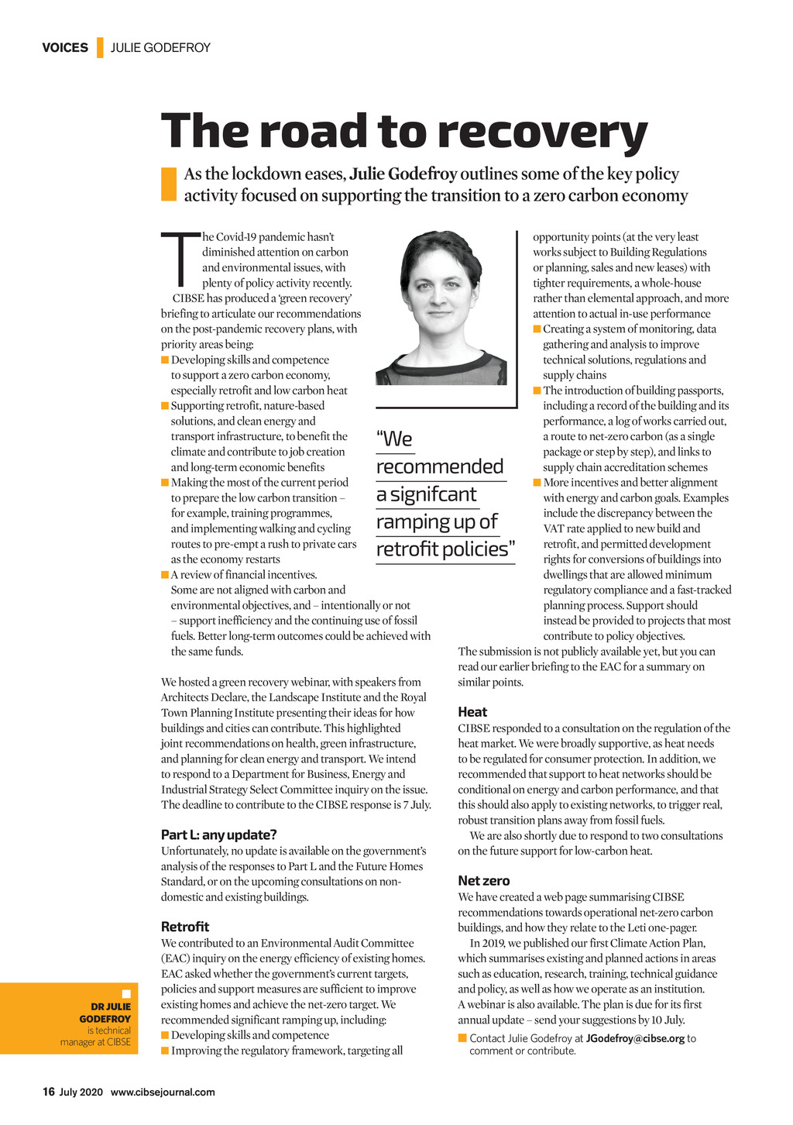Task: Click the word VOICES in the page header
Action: [65, 47]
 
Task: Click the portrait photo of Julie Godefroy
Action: [441, 308]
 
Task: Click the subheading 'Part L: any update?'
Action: [218, 834]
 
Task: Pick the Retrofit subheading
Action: [185, 927]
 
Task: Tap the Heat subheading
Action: [472, 712]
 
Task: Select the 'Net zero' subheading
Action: [484, 881]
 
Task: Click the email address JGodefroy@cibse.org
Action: [635, 1038]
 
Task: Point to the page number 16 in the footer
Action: [48, 1092]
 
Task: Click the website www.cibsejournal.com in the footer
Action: [163, 1092]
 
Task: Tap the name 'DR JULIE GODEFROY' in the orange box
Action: [105, 1013]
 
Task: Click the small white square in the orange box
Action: [126, 994]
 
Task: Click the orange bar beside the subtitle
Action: [169, 184]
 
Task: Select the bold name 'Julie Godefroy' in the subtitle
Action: [403, 174]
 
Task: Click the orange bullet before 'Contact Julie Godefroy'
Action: [462, 1038]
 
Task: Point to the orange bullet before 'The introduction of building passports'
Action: [537, 390]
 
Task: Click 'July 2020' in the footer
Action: [81, 1092]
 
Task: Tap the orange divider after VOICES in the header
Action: [100, 47]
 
